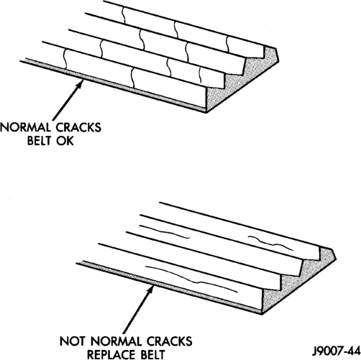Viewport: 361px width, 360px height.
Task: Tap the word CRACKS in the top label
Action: pyautogui.click(x=78, y=127)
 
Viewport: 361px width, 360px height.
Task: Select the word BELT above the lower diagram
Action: pyautogui.click(x=40, y=141)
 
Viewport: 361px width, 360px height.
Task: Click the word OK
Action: pyautogui.click(x=65, y=141)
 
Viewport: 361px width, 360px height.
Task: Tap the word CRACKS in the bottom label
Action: pyautogui.click(x=170, y=341)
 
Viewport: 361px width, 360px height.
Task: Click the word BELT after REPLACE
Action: pyautogui.click(x=152, y=355)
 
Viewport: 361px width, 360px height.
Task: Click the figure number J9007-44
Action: pyautogui.click(x=337, y=352)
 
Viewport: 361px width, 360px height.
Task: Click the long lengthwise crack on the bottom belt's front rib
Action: pyautogui.click(x=192, y=280)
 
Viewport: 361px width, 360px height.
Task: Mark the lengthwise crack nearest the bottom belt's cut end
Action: pyautogui.click(x=270, y=243)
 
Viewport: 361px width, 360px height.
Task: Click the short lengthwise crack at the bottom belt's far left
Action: pyautogui.click(x=165, y=231)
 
